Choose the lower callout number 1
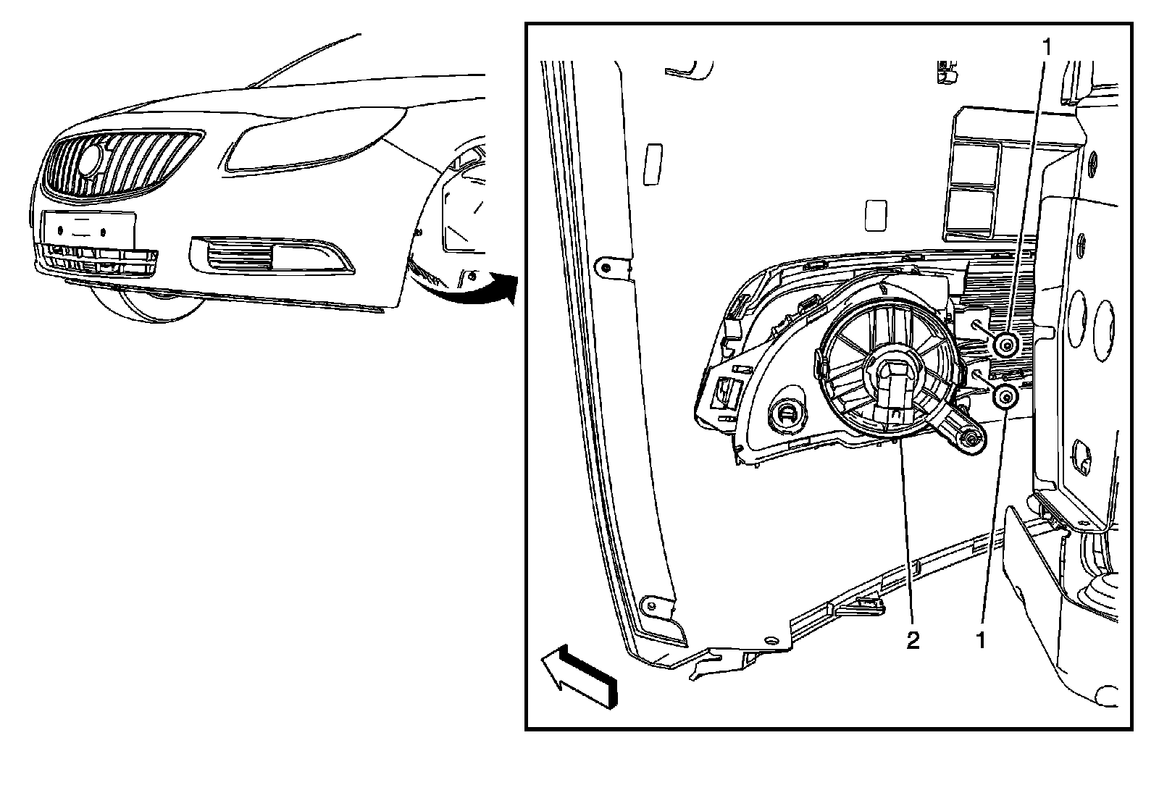click(982, 639)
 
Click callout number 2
click(913, 639)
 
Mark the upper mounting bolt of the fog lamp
click(1005, 345)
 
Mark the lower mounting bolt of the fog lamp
click(1005, 397)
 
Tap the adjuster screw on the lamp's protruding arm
click(970, 438)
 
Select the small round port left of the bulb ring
click(787, 414)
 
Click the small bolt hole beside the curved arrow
click(472, 275)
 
